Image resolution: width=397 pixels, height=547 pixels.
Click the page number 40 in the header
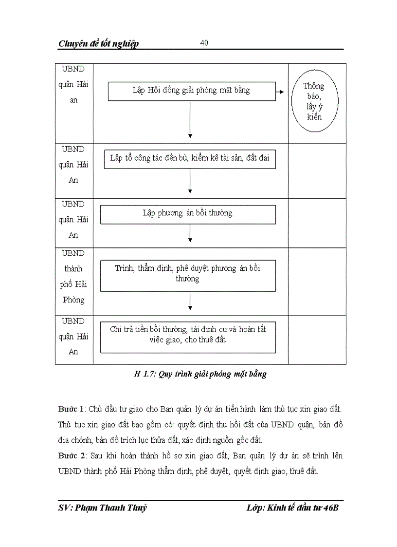[204, 43]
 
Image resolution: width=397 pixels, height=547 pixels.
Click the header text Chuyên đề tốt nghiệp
[98, 44]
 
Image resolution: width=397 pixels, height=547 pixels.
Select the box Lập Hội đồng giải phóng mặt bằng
[191, 91]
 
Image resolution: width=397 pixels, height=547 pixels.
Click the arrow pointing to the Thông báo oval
[280, 91]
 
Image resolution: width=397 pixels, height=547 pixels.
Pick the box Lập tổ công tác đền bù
[190, 159]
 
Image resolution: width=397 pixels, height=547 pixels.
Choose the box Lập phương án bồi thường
[188, 214]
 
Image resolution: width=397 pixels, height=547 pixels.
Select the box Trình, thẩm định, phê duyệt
[188, 275]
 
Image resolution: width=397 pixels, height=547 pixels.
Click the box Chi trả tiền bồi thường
[188, 337]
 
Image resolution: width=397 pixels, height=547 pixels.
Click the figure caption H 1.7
[200, 374]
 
